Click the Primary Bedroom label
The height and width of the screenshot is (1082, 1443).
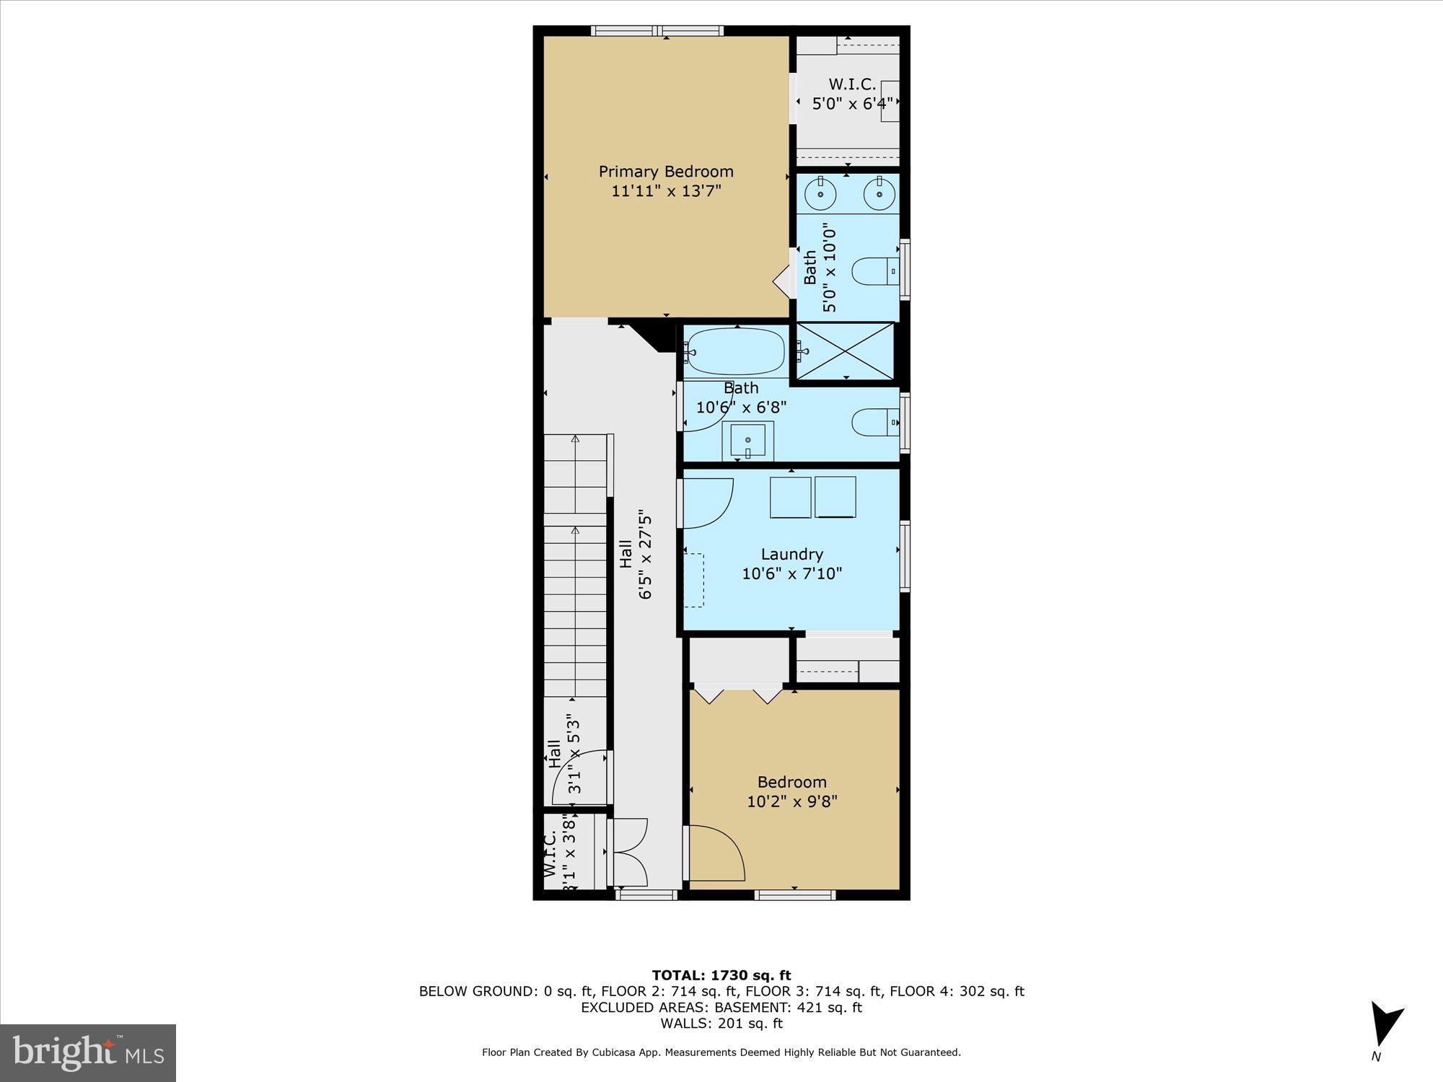665,172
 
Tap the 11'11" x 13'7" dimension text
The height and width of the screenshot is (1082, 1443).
665,191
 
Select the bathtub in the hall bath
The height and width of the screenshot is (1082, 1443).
734,352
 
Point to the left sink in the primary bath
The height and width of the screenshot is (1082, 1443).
820,194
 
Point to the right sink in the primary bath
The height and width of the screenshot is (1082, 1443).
879,194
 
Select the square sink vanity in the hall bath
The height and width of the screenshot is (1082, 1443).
748,440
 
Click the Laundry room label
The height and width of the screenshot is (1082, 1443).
791,554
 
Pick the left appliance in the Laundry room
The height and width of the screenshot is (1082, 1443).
790,497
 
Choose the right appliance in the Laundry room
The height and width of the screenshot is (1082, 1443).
835,497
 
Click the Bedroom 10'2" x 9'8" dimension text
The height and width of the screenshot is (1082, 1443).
791,801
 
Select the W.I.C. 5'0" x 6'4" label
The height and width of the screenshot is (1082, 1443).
851,94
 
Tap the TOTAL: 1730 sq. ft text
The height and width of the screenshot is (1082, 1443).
721,975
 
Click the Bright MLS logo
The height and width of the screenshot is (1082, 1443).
87,1052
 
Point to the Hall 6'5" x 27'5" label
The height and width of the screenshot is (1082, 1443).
635,555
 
